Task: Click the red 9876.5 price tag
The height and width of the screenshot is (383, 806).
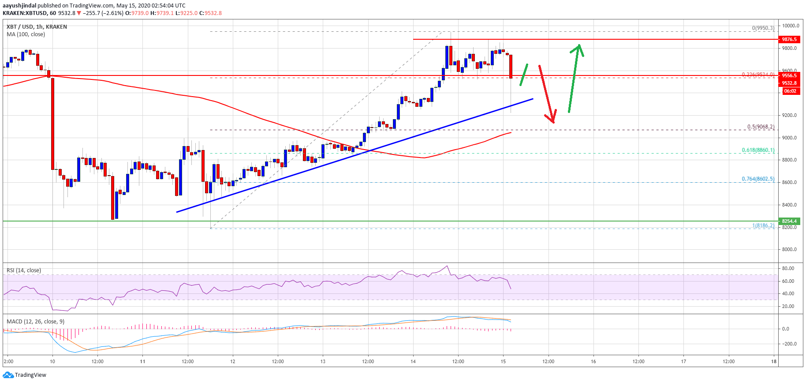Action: (789, 39)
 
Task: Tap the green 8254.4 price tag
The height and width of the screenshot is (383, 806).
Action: (789, 221)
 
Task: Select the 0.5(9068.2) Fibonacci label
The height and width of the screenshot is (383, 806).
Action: (761, 127)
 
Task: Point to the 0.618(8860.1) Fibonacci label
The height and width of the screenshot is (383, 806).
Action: (758, 150)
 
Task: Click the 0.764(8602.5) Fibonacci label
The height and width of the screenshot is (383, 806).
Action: (758, 179)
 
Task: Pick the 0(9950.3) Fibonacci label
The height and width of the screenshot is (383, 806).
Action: (763, 28)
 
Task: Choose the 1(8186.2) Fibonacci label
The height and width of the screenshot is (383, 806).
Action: (763, 225)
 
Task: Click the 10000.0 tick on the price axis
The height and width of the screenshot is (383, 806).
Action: (790, 26)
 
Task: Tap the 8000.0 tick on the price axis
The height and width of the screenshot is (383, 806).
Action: (789, 249)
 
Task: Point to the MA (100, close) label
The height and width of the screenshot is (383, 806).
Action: (26, 34)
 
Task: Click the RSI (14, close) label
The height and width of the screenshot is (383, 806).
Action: (24, 270)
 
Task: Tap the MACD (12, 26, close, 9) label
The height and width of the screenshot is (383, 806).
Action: (35, 321)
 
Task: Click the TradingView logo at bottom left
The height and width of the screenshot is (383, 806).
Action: (25, 375)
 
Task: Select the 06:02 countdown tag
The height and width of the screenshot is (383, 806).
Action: (790, 91)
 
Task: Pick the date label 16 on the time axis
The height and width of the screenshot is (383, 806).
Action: (593, 361)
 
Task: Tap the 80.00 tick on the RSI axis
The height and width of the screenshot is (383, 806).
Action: (788, 268)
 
